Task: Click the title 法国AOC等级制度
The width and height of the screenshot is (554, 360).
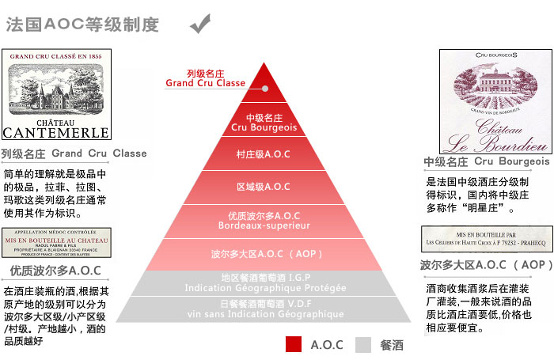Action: tap(83, 25)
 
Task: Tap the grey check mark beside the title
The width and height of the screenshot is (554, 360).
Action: tap(201, 24)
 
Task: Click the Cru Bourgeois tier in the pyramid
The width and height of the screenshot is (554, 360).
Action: tap(264, 123)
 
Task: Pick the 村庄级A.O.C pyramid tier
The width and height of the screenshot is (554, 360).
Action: tap(264, 154)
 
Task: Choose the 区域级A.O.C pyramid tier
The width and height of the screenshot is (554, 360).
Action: tap(264, 187)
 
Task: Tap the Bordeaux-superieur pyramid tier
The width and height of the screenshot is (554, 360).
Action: tap(264, 221)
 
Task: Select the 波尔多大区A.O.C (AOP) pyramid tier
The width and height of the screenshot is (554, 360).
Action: tap(264, 255)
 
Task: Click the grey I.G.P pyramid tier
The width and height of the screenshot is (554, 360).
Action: tap(264, 283)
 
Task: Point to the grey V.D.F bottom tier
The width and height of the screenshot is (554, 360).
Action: tap(264, 309)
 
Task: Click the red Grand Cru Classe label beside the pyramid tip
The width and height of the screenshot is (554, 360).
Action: tap(205, 78)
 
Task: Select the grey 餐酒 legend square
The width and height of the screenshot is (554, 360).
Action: tap(363, 344)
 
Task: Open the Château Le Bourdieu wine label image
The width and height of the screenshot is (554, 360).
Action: tap(495, 101)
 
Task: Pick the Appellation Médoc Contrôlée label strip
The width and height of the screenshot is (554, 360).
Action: tap(56, 242)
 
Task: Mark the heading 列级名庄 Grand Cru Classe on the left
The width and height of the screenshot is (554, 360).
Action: tap(74, 153)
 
